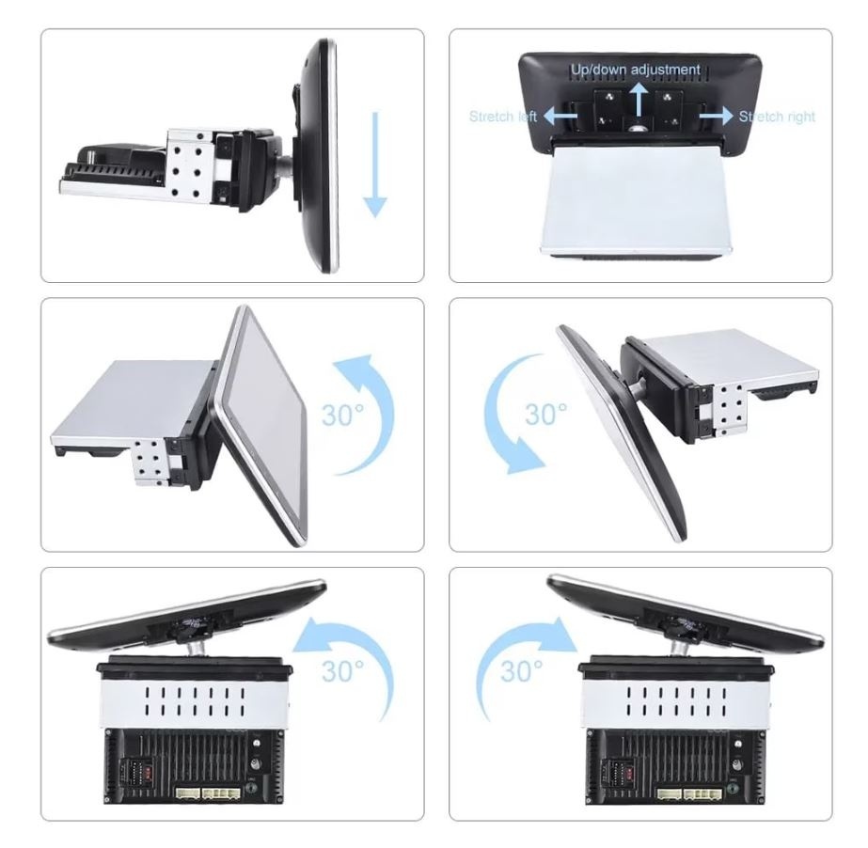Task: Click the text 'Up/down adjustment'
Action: click(x=636, y=70)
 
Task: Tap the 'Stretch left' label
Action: click(x=503, y=117)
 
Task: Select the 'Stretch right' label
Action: click(x=777, y=117)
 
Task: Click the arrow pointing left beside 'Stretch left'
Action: click(x=560, y=116)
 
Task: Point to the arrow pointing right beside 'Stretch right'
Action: click(x=716, y=116)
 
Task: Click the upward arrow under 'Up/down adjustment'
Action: click(x=639, y=99)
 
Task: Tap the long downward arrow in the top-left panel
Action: click(x=375, y=165)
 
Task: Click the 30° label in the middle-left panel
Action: click(x=343, y=416)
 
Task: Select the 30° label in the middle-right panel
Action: click(x=545, y=415)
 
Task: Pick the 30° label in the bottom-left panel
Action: click(x=343, y=671)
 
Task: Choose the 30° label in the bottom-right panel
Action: click(x=522, y=671)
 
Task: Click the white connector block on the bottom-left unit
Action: click(x=208, y=793)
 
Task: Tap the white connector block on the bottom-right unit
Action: click(x=689, y=793)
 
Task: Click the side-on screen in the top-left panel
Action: click(x=317, y=155)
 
